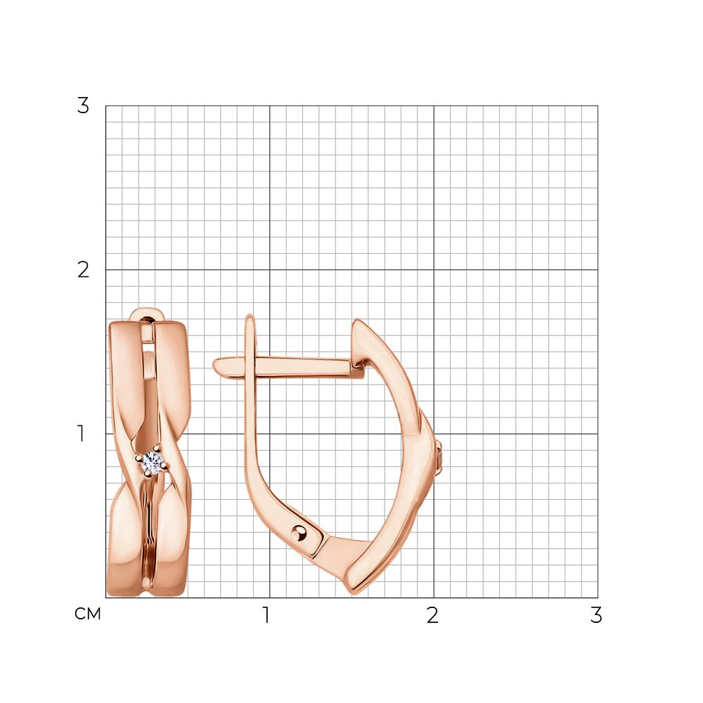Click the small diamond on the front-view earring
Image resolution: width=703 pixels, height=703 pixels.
[x=153, y=463]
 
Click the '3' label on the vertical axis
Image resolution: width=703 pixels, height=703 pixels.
[x=83, y=106]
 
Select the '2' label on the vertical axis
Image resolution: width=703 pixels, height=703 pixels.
[x=83, y=270]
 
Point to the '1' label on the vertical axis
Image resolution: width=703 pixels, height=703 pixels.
[x=81, y=434]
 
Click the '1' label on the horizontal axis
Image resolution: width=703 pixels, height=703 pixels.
[x=266, y=615]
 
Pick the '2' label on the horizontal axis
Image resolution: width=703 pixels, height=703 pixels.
[x=432, y=615]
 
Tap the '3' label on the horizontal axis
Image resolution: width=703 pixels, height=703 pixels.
[x=596, y=615]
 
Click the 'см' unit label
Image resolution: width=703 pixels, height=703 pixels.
[x=88, y=614]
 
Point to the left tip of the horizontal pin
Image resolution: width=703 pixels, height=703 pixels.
[x=214, y=363]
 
